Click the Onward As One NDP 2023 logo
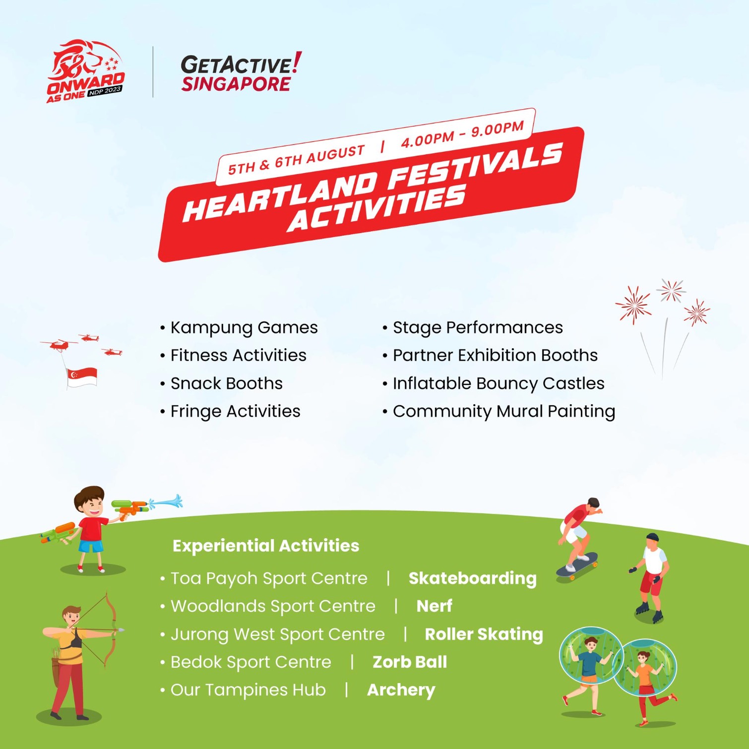(x=85, y=72)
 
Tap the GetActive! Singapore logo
(x=241, y=73)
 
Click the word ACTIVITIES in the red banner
(x=377, y=209)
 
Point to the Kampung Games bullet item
(x=244, y=328)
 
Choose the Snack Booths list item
(x=226, y=383)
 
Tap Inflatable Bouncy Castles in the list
(x=498, y=383)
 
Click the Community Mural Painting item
(x=503, y=411)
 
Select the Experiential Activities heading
(x=266, y=546)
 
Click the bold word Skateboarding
(x=472, y=578)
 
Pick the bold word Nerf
(x=434, y=606)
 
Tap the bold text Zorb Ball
(x=410, y=662)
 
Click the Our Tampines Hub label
(x=248, y=690)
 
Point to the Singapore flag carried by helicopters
(x=82, y=376)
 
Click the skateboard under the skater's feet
(x=577, y=565)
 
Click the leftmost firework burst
(x=633, y=304)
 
